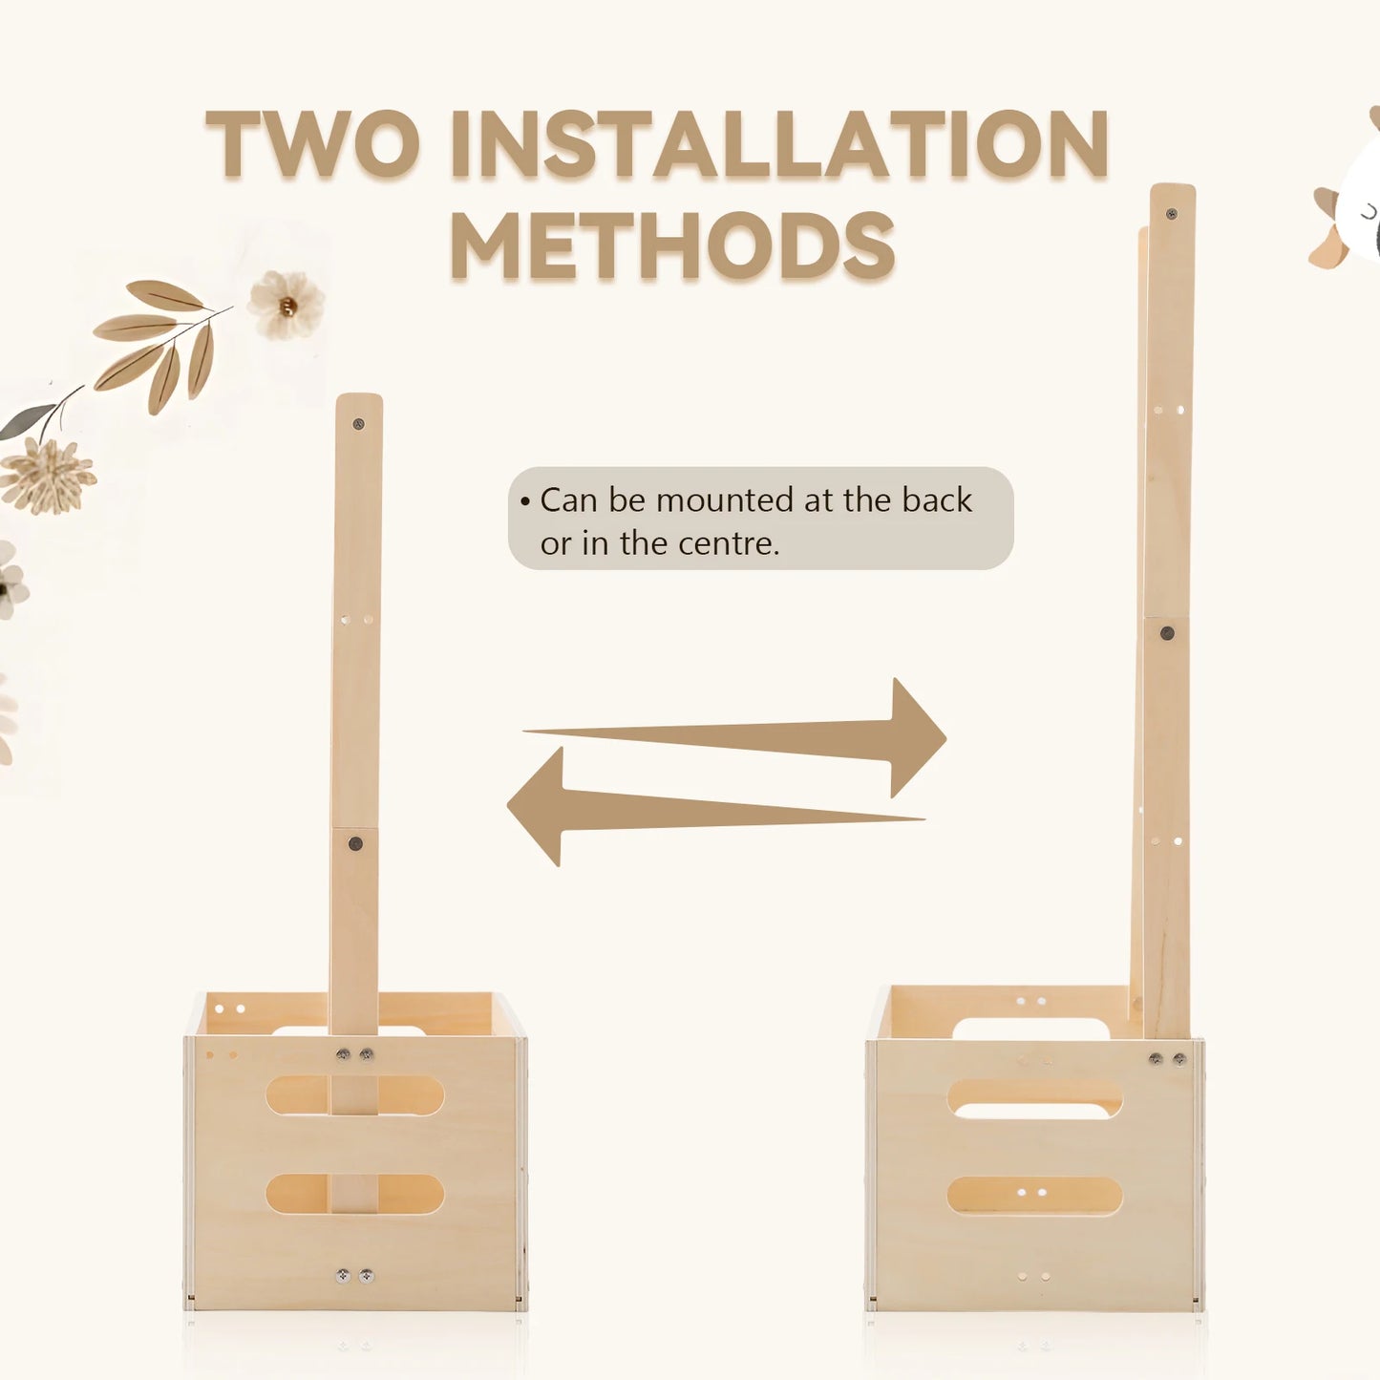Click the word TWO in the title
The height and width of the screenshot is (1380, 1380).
point(312,143)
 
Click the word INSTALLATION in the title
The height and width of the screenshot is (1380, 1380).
point(779,143)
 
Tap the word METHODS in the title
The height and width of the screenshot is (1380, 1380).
point(672,244)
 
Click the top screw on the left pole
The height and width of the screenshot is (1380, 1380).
point(359,424)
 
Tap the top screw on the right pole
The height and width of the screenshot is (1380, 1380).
point(1172,213)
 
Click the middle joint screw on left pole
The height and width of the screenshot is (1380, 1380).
point(354,843)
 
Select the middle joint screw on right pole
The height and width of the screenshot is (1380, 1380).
point(1167,633)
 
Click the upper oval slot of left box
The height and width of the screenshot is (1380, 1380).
point(354,1095)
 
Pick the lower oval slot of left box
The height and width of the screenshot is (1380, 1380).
point(354,1194)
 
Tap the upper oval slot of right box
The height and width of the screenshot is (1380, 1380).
point(1035,1098)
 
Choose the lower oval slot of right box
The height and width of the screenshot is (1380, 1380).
point(1035,1196)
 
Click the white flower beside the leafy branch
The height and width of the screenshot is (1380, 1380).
point(286,305)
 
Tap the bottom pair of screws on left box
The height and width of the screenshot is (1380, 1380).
point(355,1276)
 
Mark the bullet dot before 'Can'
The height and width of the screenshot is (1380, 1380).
point(525,501)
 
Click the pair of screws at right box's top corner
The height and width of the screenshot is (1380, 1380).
point(1167,1058)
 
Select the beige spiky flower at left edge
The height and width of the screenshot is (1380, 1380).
point(47,476)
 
